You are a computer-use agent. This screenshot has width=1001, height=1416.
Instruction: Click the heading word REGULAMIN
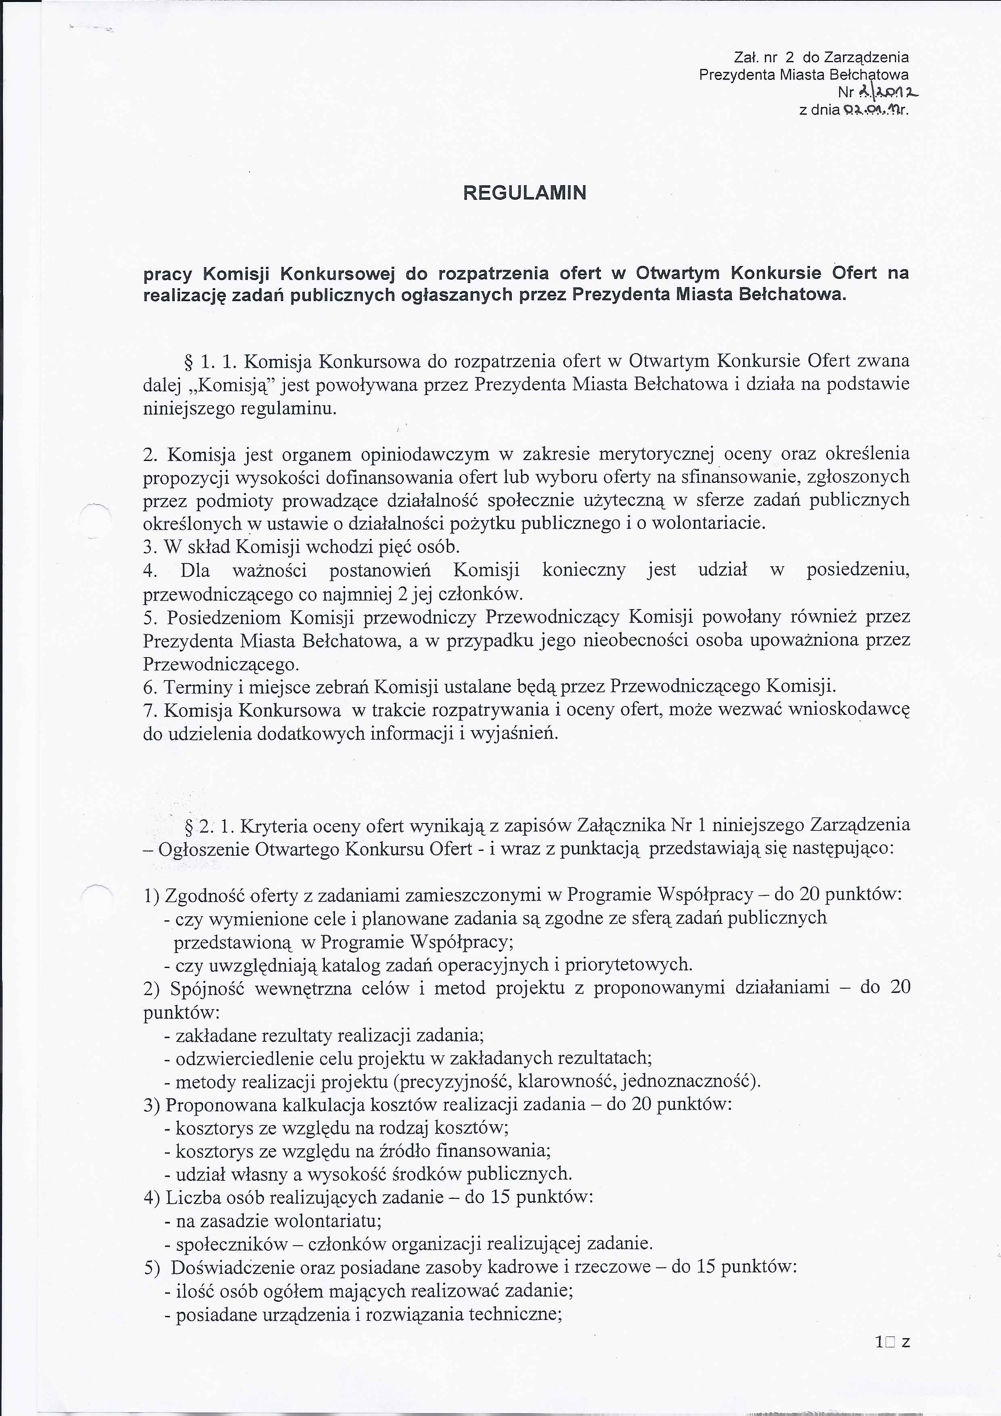coord(524,193)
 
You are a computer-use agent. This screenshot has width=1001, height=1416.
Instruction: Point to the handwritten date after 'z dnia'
coord(867,111)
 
